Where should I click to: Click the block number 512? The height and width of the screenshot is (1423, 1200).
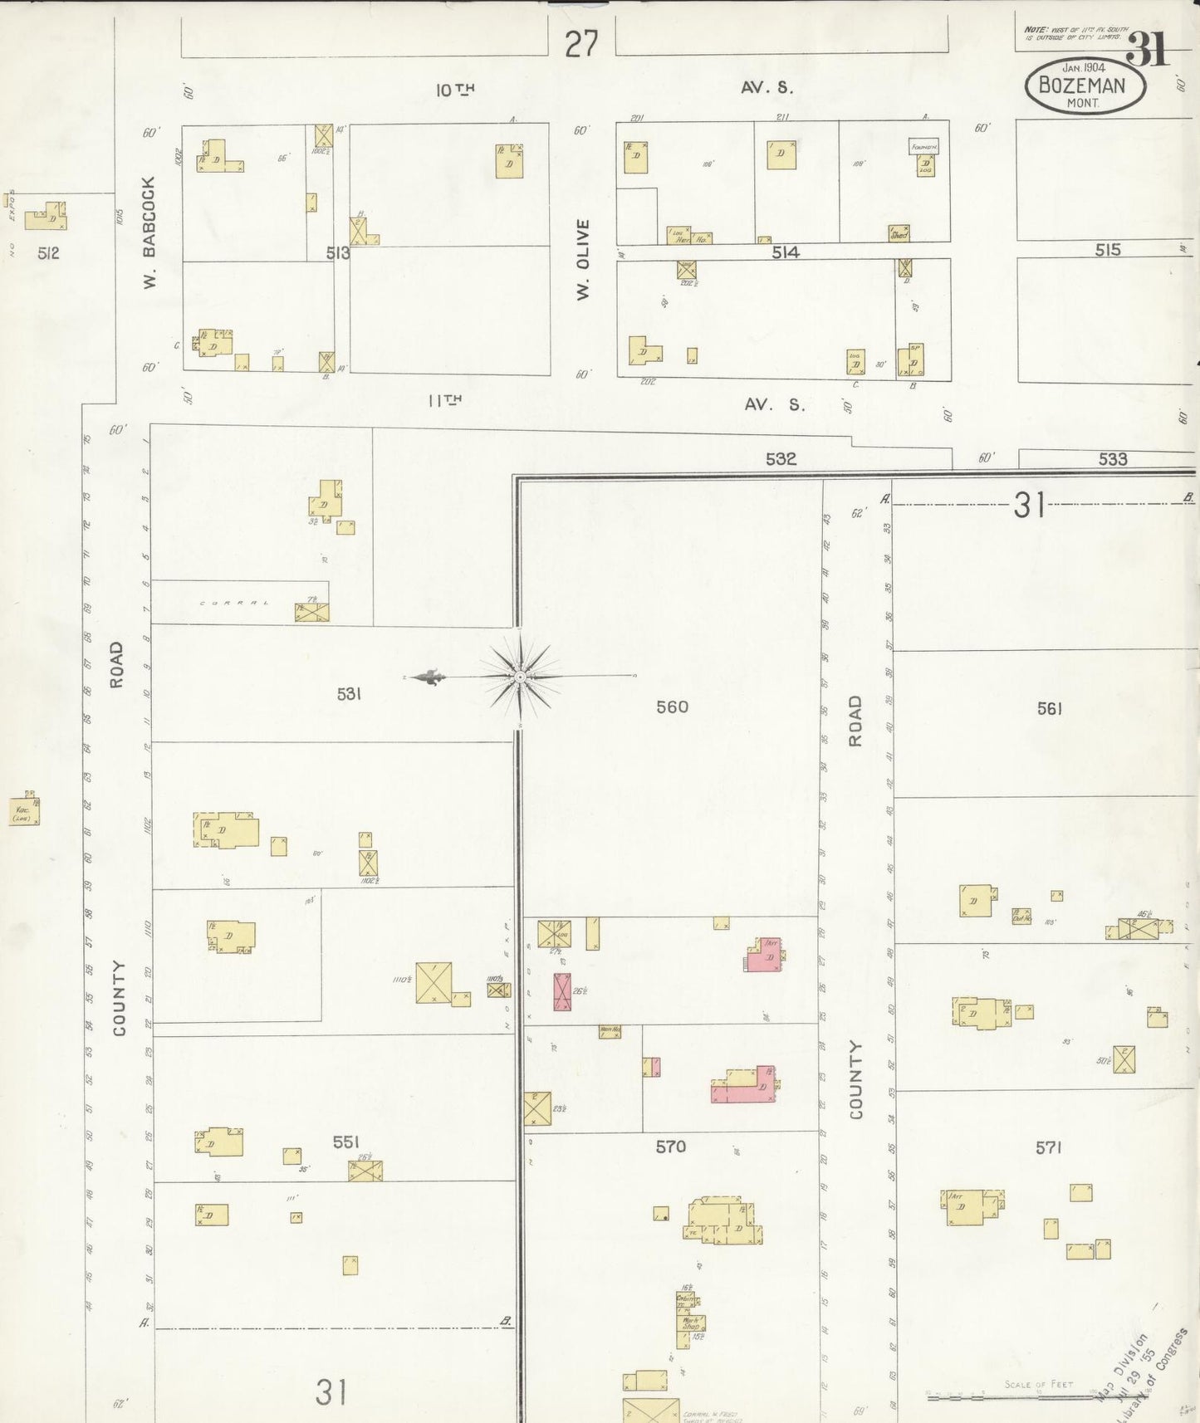(x=48, y=253)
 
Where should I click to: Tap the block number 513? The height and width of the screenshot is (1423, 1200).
(x=338, y=253)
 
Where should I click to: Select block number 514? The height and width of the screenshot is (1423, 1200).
(x=785, y=252)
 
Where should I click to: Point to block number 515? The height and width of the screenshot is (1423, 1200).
(x=1107, y=250)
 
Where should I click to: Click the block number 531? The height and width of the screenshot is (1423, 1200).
(x=349, y=693)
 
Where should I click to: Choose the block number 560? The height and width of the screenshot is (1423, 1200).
(x=672, y=707)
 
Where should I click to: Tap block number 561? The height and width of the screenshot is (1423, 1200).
(x=1050, y=708)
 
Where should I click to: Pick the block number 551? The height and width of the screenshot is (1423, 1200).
(x=345, y=1142)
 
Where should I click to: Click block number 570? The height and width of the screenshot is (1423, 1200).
(x=670, y=1147)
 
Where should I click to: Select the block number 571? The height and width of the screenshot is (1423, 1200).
(x=1049, y=1147)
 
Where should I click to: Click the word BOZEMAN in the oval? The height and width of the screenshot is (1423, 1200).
(x=1082, y=86)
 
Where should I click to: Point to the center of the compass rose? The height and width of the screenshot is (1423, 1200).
(x=520, y=677)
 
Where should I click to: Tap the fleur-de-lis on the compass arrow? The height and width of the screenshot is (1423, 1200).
(x=429, y=677)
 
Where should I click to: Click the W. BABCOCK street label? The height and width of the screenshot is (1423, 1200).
(x=149, y=232)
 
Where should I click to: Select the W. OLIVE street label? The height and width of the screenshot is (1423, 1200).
(x=583, y=259)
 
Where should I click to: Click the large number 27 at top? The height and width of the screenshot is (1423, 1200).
(x=581, y=44)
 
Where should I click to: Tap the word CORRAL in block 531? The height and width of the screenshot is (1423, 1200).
(x=235, y=602)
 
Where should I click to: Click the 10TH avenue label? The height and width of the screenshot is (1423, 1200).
(x=455, y=90)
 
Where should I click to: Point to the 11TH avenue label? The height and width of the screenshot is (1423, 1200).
(x=444, y=400)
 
